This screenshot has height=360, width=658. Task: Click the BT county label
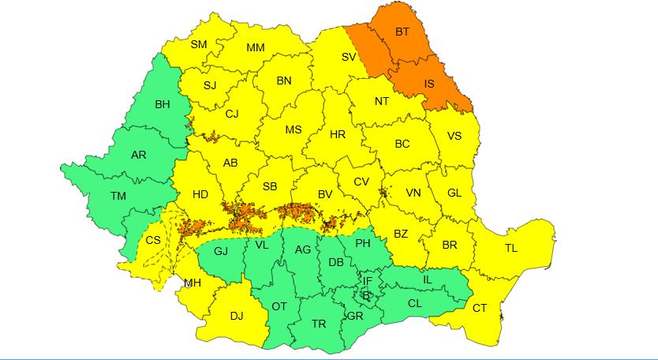[x=402, y=33]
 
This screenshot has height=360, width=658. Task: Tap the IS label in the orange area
[x=429, y=83]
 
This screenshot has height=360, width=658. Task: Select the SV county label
[x=348, y=57]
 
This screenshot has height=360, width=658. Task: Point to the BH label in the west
[x=163, y=104]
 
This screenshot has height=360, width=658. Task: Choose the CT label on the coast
[x=480, y=308]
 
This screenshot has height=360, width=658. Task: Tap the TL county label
[x=511, y=248]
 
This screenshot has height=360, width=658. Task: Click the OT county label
[x=279, y=306]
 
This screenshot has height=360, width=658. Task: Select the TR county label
[x=319, y=324]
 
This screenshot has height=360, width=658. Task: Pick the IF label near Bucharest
[x=367, y=280]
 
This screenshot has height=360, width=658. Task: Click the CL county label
[x=415, y=302]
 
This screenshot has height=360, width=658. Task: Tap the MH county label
[x=193, y=283]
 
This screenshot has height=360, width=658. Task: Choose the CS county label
[x=153, y=241]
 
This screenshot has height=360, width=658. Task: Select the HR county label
[x=338, y=135]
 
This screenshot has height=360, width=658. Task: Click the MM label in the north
[x=256, y=48]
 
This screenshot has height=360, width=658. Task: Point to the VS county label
[x=454, y=136]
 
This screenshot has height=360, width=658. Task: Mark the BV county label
[x=324, y=193]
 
